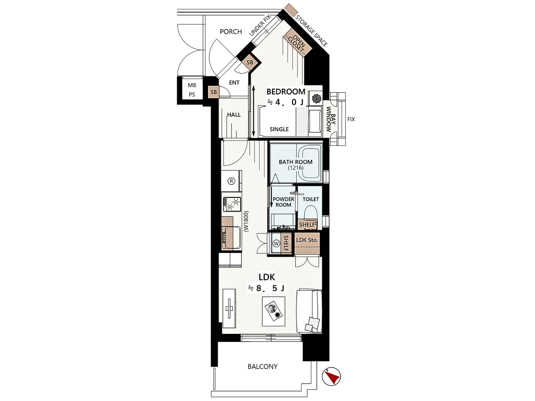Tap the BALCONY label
263,366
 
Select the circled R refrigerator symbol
231,181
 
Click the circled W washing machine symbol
276,243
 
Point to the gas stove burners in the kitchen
231,204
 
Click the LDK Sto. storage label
307,240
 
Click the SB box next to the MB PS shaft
214,92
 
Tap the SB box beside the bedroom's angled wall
250,63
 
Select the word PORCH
231,32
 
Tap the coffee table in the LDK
273,311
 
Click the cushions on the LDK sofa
312,324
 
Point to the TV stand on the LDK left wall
229,308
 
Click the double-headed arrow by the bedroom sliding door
253,111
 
